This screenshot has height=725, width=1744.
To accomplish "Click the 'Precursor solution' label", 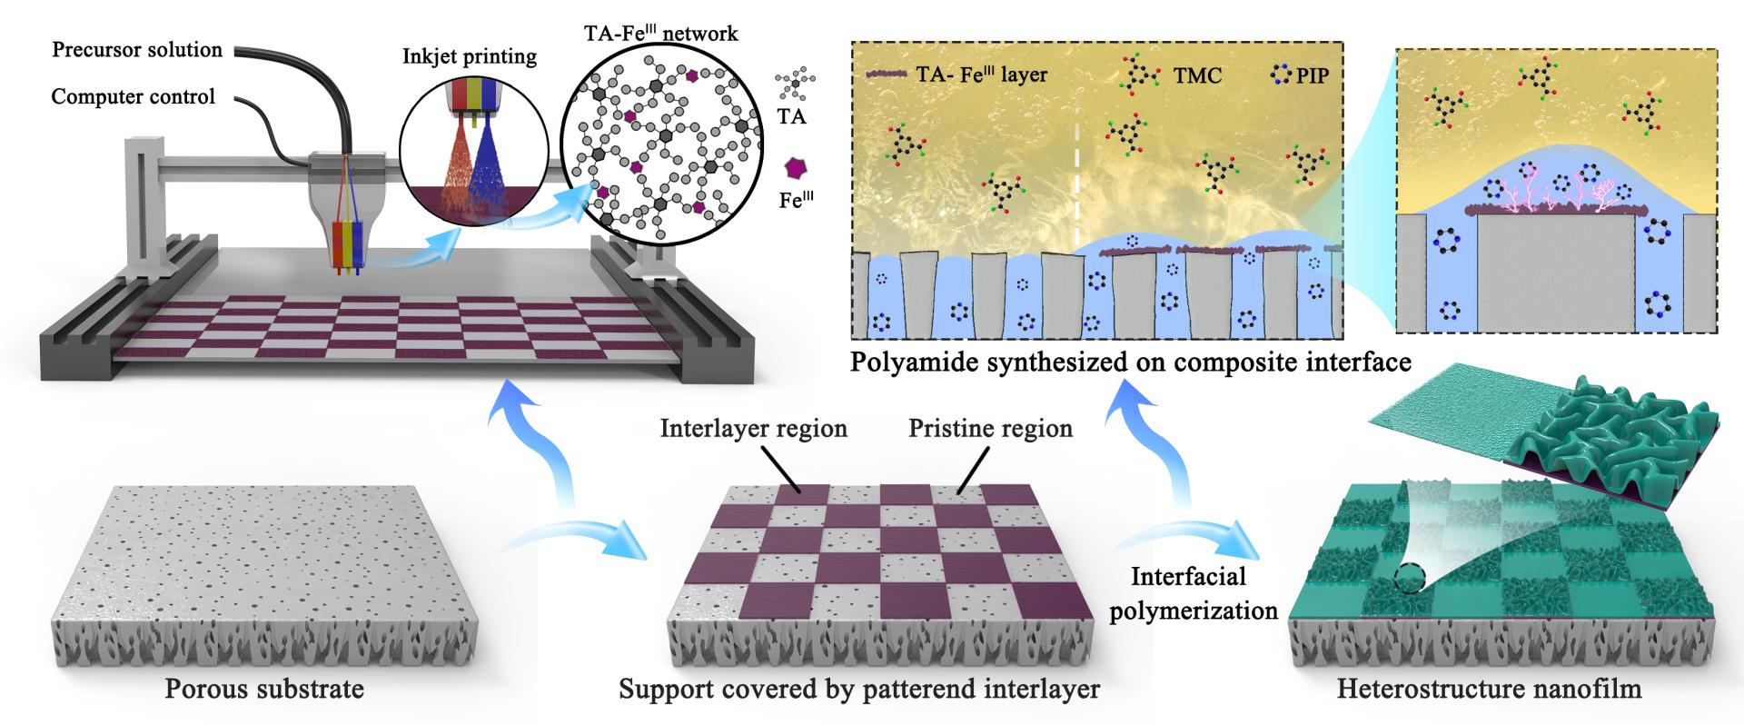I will (x=137, y=49).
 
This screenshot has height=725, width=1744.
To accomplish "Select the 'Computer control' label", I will (x=133, y=96).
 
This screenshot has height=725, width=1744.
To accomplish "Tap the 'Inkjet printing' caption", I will (x=470, y=57).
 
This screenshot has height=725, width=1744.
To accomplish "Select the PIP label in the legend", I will (x=1313, y=75).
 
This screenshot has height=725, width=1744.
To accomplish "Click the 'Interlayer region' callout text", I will (x=754, y=428).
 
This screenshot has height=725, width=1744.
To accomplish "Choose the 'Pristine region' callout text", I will (x=990, y=428).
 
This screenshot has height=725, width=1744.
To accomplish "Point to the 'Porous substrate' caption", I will (x=264, y=689).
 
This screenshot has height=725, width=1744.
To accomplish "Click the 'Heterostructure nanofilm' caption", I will (x=1489, y=689).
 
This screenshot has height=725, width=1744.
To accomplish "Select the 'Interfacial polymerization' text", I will (x=1194, y=593).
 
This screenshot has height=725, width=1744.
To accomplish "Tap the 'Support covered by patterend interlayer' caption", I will (x=859, y=689).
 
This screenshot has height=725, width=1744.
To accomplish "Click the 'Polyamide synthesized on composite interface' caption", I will (x=1131, y=362).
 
